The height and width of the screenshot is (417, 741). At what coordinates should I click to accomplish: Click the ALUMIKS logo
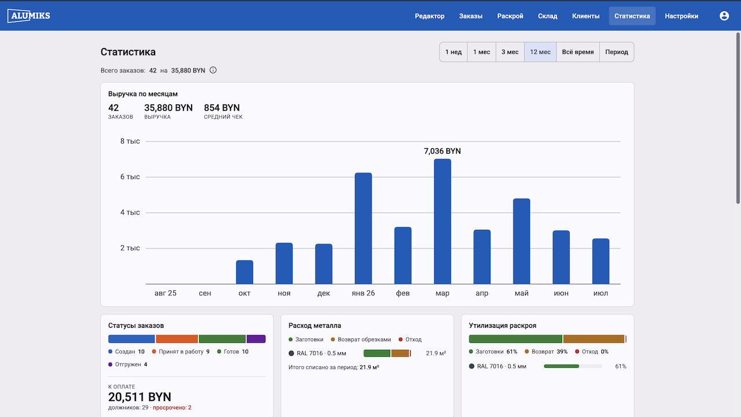29,16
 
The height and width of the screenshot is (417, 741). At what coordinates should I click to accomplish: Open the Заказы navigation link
471,16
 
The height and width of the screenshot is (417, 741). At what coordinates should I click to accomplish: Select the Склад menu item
548,16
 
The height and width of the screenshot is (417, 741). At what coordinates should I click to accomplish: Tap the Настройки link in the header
681,16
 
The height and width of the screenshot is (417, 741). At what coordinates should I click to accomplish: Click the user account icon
724,16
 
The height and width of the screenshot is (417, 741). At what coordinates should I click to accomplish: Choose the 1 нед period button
453,52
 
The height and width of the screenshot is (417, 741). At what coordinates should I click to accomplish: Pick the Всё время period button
578,52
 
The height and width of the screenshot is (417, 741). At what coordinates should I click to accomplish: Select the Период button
617,52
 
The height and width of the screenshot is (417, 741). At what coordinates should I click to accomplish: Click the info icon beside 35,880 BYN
213,70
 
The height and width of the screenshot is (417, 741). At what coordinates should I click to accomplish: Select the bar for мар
442,221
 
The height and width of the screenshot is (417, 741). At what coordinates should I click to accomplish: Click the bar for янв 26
363,228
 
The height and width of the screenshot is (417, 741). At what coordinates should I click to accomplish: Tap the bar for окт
244,272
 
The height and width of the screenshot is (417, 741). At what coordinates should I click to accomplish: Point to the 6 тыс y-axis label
130,177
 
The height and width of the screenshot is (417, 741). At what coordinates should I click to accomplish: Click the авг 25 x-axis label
166,293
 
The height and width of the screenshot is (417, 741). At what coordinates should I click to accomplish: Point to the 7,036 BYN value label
442,151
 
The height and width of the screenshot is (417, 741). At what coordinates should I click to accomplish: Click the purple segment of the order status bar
256,339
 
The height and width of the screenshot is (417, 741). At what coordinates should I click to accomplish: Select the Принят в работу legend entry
181,352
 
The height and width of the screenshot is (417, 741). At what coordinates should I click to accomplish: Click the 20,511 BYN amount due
140,397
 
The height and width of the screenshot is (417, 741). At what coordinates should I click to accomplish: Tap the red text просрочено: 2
172,408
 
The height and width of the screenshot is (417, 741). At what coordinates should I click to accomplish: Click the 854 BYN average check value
222,108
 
